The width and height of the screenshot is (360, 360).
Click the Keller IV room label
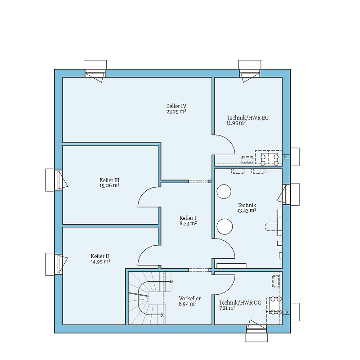click(x=176, y=106)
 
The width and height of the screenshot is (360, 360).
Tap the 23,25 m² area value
click(x=176, y=112)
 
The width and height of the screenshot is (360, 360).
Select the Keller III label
click(x=109, y=180)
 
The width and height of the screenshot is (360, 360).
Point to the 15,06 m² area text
click(x=109, y=185)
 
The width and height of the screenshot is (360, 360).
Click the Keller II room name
click(x=100, y=256)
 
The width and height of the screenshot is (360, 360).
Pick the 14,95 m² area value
click(x=100, y=261)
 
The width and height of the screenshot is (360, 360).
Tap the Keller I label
click(x=188, y=218)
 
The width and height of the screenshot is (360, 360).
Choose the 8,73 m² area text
click(x=188, y=223)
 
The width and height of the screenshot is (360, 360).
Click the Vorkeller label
click(x=190, y=298)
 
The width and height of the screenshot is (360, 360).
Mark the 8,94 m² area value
click(x=187, y=304)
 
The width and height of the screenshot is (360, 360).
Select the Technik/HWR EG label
click(x=248, y=118)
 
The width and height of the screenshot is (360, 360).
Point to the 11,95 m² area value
click(x=236, y=123)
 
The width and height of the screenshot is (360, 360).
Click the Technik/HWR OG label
click(x=240, y=303)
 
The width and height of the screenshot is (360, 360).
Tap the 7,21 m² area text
click(x=227, y=308)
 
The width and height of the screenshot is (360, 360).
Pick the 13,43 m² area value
click(x=247, y=211)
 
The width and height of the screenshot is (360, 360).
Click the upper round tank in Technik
click(x=224, y=192)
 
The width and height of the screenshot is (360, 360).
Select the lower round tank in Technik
click(x=225, y=227)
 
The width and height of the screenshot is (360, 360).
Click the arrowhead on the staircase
click(x=162, y=315)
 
